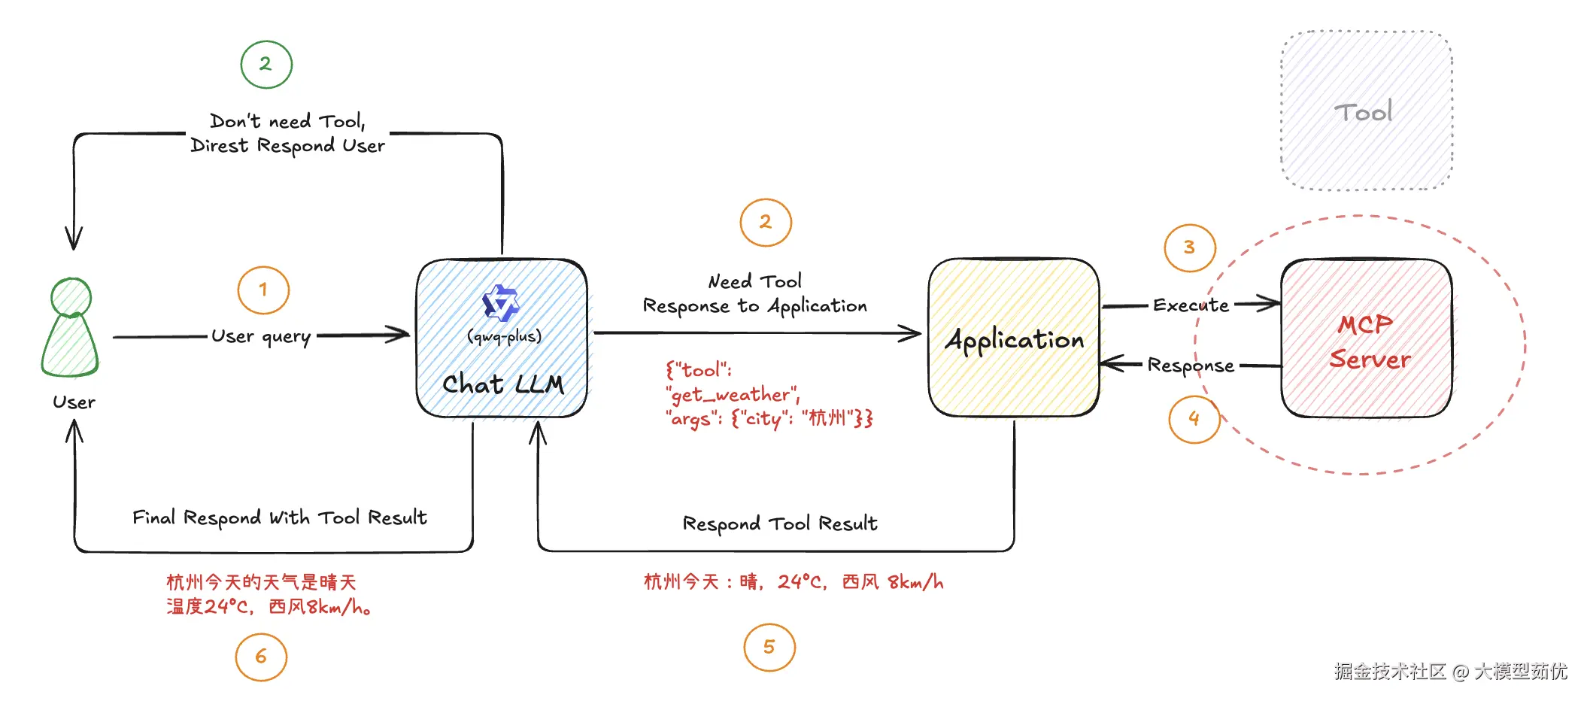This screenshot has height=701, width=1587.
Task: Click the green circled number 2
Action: coord(266,65)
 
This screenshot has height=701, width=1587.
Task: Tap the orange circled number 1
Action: coord(263,290)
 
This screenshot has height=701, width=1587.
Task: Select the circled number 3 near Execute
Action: coord(1189,247)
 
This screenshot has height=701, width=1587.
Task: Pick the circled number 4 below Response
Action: coord(1194,419)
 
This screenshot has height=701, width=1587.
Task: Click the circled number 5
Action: coord(769,648)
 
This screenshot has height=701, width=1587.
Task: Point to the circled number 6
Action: coord(261,657)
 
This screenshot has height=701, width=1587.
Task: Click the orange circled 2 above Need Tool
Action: coord(766,223)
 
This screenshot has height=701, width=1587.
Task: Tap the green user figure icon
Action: coord(70,329)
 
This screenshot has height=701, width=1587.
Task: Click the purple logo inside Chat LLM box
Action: coord(501,303)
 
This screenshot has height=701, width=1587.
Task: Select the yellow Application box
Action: coord(1014,338)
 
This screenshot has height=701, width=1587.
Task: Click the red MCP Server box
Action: coord(1367,338)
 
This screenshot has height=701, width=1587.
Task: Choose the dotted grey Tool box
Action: coord(1366,111)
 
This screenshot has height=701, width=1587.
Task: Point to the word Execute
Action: coord(1191,305)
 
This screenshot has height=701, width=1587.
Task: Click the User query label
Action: coord(261,336)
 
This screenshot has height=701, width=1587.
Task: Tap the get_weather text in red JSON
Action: coord(731,395)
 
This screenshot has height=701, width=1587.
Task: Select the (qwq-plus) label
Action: coord(504,336)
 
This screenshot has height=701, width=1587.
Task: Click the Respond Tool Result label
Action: coord(780,523)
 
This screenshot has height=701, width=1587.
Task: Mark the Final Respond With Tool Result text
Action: coord(279,517)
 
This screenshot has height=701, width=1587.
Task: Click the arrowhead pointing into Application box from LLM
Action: coord(913,333)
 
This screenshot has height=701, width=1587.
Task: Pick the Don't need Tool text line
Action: coord(287,121)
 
